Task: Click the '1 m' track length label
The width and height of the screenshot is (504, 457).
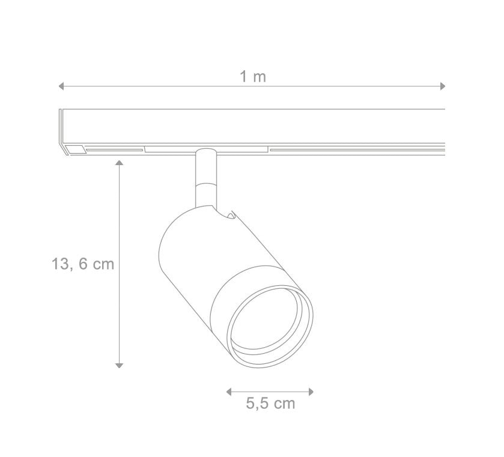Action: click(x=253, y=77)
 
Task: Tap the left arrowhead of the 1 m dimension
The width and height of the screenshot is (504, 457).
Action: click(x=61, y=86)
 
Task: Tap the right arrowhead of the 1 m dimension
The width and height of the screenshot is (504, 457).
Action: click(x=443, y=86)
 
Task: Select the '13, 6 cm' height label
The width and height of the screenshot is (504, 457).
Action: click(x=83, y=264)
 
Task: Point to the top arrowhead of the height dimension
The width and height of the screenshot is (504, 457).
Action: click(x=120, y=162)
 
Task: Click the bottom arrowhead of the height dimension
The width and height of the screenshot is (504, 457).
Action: click(x=120, y=365)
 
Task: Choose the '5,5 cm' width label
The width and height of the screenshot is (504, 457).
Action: click(x=270, y=404)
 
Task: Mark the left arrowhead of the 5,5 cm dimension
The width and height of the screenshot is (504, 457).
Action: click(x=229, y=392)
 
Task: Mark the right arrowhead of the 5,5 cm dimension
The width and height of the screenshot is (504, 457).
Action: click(x=311, y=392)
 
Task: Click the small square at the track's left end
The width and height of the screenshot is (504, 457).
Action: click(x=76, y=149)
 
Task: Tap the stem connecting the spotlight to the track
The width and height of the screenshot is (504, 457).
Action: click(x=205, y=177)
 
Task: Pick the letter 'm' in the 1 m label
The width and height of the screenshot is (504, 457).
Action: click(x=260, y=77)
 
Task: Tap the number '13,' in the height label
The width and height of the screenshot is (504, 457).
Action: click(x=62, y=264)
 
